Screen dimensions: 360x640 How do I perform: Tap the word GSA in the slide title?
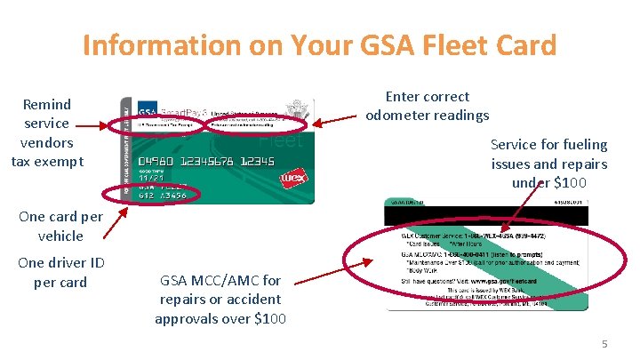pos(357,44)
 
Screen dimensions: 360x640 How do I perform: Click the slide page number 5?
pos(604,343)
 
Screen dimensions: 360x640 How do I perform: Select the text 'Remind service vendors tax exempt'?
pos(47,132)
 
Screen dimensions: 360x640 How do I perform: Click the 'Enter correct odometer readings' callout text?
pos(428,106)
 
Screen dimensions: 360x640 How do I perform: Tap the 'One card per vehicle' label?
pos(60,226)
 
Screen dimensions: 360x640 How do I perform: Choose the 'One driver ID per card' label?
pos(60,272)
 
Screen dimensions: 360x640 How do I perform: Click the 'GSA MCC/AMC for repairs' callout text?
pos(220,299)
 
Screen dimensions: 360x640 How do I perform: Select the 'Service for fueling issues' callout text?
pos(548,164)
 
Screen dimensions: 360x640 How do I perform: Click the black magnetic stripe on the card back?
pos(486,214)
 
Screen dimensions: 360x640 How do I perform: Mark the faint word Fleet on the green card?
pos(282,140)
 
